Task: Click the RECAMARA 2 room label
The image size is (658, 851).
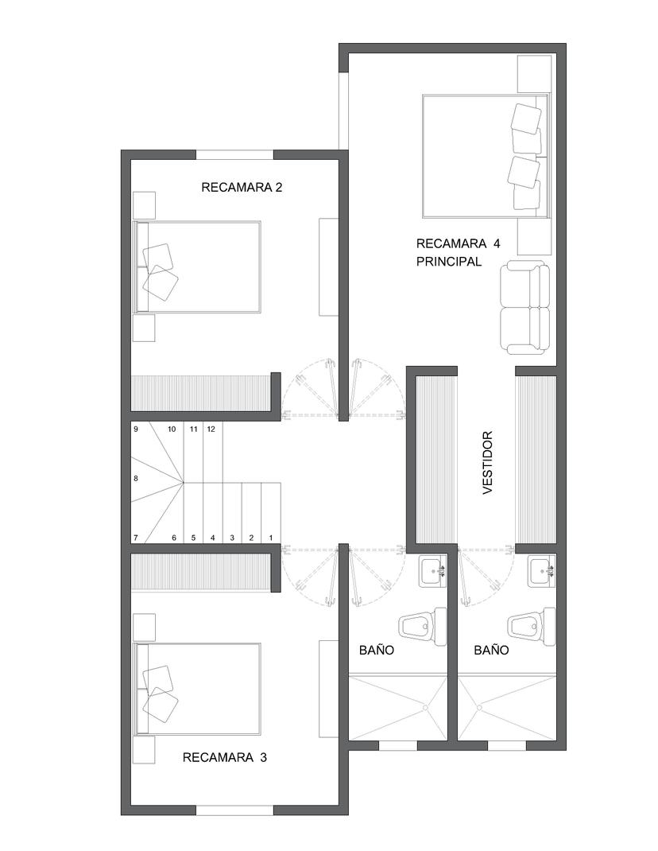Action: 242,187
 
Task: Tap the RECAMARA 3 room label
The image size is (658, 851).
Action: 225,757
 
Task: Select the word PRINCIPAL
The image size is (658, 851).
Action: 449,261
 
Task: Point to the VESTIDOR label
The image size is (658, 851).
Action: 487,462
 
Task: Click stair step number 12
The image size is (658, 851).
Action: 211,429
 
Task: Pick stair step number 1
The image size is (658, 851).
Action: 271,538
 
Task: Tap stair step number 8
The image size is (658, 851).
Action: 136,479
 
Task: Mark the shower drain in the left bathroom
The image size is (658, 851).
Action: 425,708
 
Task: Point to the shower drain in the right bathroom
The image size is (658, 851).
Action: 479,708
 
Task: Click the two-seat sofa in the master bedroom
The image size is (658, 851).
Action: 524,307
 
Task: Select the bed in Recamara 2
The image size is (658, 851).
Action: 197,266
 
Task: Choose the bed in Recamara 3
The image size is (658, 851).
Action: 197,690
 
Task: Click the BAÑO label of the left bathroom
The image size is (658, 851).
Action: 377,650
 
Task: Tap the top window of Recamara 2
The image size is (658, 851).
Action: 235,154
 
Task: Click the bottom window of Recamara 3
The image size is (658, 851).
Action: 235,810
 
